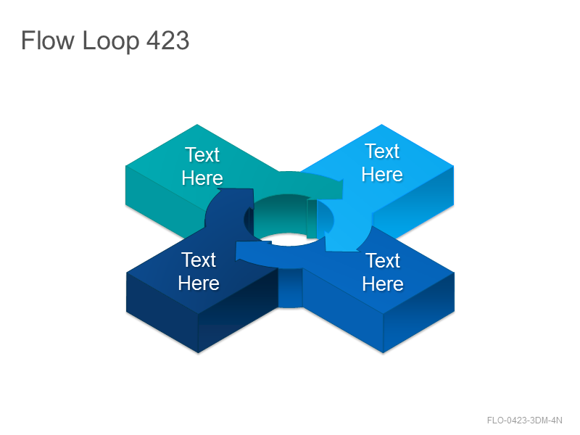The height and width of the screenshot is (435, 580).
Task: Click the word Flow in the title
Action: click(47, 41)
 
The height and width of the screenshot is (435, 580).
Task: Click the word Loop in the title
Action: click(111, 41)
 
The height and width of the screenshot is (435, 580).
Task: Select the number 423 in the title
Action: click(168, 41)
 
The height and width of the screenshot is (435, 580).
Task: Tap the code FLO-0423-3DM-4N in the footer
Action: click(524, 420)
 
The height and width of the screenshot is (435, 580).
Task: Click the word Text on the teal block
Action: click(202, 154)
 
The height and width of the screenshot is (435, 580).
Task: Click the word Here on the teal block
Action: click(202, 178)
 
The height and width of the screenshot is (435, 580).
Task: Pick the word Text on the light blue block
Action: click(382, 152)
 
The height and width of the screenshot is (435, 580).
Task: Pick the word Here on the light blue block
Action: click(382, 174)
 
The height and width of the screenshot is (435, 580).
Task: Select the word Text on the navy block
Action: click(199, 260)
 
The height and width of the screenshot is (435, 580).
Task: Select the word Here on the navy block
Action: click(199, 283)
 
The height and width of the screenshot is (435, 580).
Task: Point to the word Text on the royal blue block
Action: click(383, 260)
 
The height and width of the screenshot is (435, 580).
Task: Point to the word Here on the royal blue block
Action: click(383, 283)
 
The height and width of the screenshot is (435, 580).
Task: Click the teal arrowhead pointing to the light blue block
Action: click(335, 189)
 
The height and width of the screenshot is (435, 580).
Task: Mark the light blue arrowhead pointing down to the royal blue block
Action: click(342, 242)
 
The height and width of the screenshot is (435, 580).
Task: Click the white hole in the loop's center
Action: click(289, 240)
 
